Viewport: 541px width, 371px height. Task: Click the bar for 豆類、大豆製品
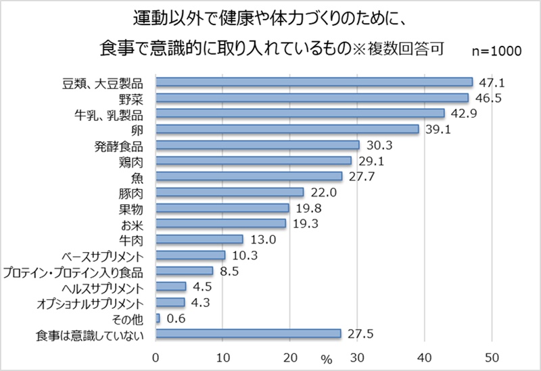314,82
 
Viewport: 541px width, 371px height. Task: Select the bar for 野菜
312,98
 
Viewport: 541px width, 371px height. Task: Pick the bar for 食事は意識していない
248,333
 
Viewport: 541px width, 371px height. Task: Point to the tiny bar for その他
158,318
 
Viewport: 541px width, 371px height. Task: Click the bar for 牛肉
199,239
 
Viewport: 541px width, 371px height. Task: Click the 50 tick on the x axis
491,357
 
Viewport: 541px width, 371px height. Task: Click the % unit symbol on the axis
327,359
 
